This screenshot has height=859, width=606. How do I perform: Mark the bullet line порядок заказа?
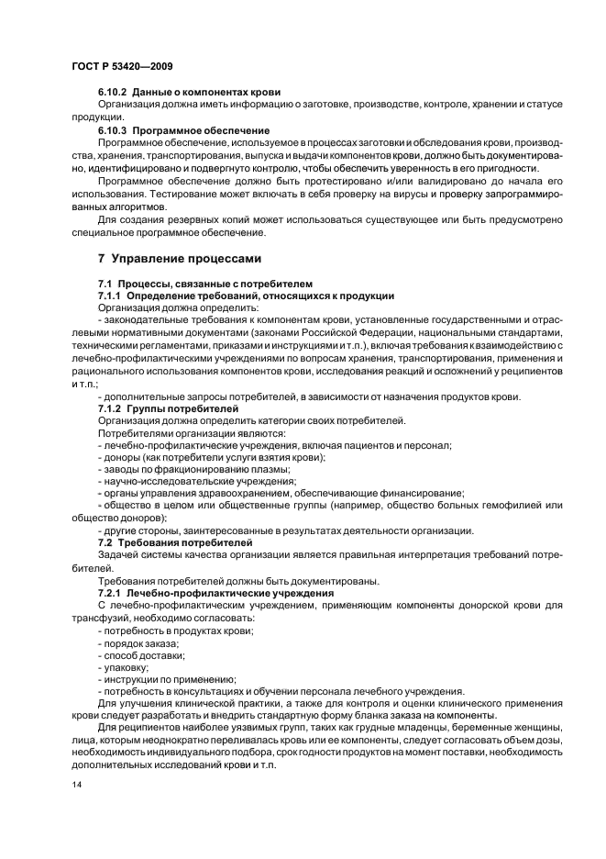click(x=138, y=643)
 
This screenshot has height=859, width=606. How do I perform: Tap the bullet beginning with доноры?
click(x=212, y=457)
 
